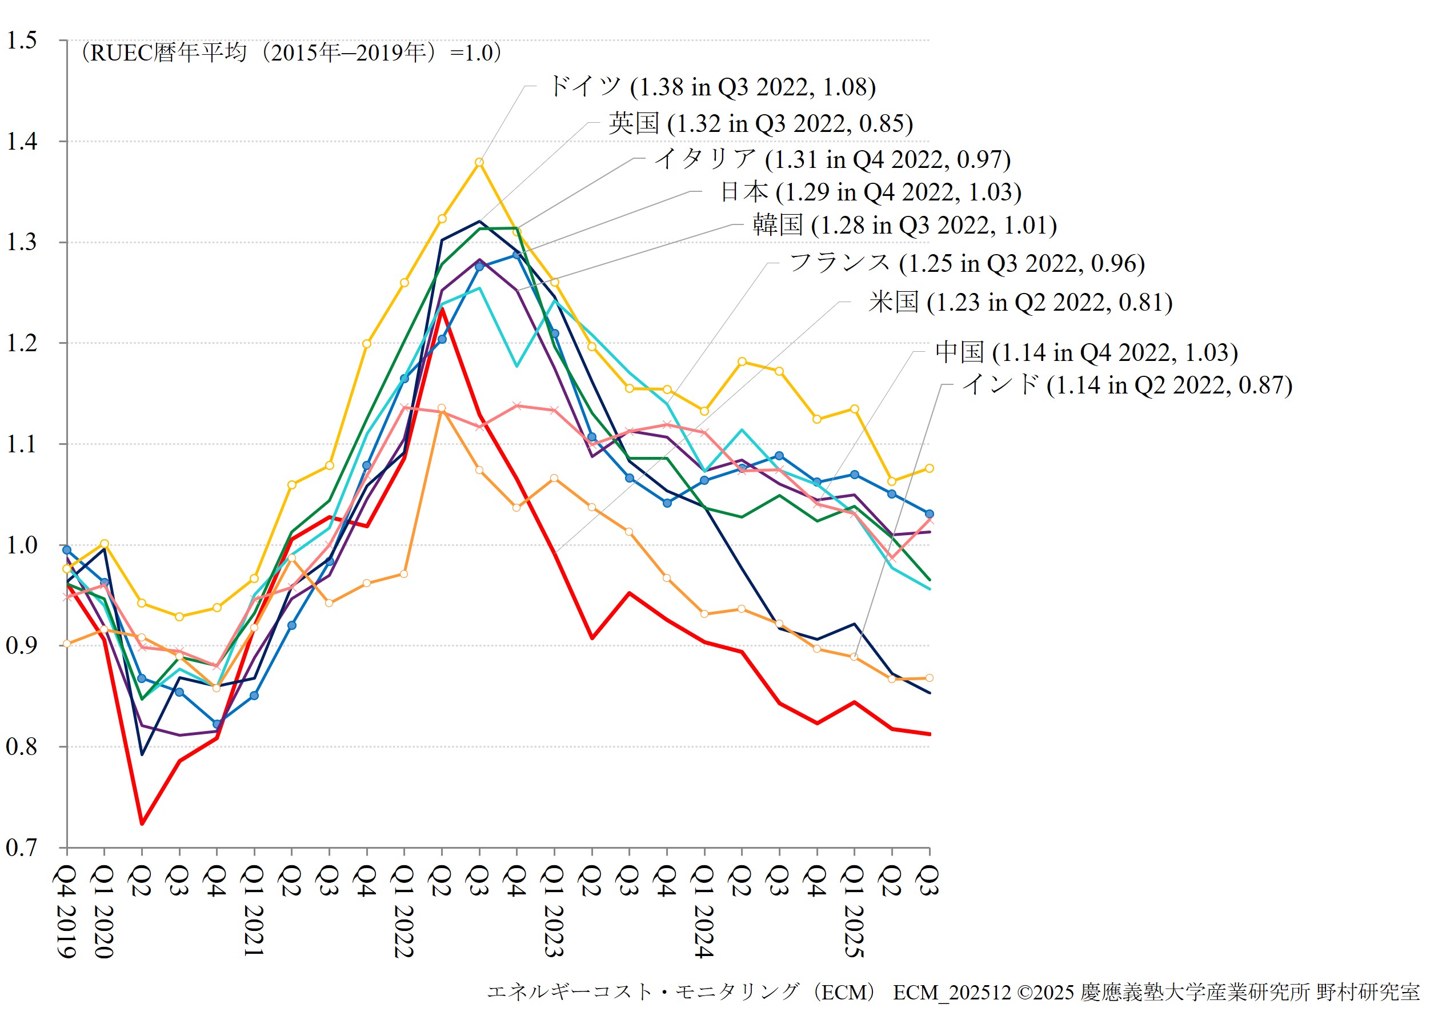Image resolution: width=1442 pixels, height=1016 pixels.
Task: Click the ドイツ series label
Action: pyautogui.click(x=712, y=87)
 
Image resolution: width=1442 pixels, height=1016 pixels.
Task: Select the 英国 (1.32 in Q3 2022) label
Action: pyautogui.click(x=760, y=123)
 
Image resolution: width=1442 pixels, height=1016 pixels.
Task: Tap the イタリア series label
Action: pyautogui.click(x=832, y=159)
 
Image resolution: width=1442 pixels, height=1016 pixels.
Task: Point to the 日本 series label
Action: pyautogui.click(x=871, y=191)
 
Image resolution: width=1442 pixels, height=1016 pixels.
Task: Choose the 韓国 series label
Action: pyautogui.click(x=904, y=225)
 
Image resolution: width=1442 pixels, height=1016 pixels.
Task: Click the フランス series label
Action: pyautogui.click(x=967, y=263)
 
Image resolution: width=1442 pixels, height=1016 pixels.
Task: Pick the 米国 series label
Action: pyautogui.click(x=1020, y=302)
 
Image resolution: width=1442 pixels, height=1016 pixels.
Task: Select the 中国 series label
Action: pyautogui.click(x=1087, y=352)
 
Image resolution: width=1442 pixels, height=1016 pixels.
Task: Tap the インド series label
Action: pyautogui.click(x=1127, y=385)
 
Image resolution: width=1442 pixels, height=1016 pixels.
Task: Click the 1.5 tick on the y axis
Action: pyautogui.click(x=22, y=40)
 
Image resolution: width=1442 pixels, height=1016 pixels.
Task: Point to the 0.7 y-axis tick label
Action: pyautogui.click(x=22, y=848)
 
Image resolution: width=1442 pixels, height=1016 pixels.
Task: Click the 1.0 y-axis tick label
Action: pyautogui.click(x=22, y=545)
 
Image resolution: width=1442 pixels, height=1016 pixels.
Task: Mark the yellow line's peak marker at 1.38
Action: pyautogui.click(x=479, y=162)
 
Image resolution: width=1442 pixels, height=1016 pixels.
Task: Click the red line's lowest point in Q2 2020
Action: pyautogui.click(x=142, y=823)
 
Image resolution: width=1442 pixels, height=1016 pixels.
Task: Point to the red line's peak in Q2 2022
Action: pyautogui.click(x=442, y=309)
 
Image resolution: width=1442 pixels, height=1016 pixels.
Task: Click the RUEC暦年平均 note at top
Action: pyautogui.click(x=291, y=53)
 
